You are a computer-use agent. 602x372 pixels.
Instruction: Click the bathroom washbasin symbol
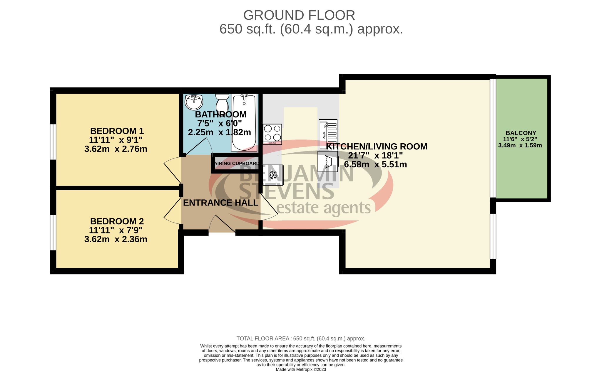tap(194, 102)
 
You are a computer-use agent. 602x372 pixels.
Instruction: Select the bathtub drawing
tap(244, 123)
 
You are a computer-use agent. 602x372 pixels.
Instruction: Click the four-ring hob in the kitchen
tap(272, 133)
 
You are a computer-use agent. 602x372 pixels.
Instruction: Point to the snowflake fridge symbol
tap(273, 175)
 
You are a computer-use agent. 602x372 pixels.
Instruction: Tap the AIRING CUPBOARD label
tap(237, 164)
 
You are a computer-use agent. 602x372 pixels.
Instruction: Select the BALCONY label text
tap(521, 133)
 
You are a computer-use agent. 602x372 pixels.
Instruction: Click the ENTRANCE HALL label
tap(220, 203)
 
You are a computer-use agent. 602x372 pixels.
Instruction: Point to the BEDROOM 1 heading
tap(117, 131)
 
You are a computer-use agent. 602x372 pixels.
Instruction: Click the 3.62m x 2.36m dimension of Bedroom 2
tap(116, 239)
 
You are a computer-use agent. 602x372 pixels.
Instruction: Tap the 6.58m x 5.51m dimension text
tap(375, 164)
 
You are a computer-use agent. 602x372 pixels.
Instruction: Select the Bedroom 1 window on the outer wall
tap(53, 142)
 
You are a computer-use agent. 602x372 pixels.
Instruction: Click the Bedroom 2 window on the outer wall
tap(53, 232)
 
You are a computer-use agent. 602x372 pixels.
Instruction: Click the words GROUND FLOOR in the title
tap(299, 15)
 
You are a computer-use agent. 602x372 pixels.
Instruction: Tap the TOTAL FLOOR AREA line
tap(301, 339)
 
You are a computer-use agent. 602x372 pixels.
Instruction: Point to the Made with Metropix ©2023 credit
tap(301, 369)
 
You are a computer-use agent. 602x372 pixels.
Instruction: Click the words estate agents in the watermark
tap(323, 208)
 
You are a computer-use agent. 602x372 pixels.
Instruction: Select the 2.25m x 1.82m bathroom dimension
tap(219, 132)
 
